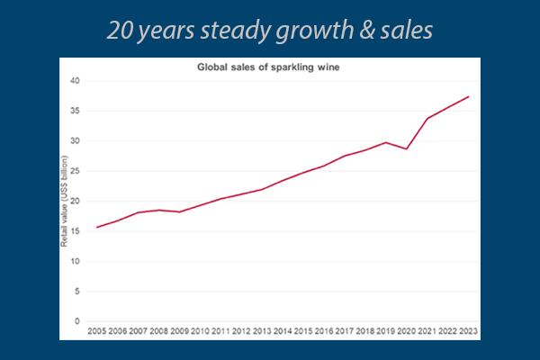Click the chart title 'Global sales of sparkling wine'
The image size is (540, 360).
(x=269, y=67)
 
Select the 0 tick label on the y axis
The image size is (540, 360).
(x=77, y=321)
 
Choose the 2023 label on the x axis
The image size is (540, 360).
(x=468, y=332)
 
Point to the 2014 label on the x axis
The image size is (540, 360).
(x=283, y=332)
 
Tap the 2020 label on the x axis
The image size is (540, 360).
(x=407, y=332)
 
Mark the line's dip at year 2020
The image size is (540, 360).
(x=407, y=148)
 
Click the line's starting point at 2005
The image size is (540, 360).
(x=96, y=227)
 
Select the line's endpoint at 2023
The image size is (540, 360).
(x=468, y=96)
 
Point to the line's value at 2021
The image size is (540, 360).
(x=427, y=119)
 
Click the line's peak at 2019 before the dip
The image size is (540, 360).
(x=386, y=142)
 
